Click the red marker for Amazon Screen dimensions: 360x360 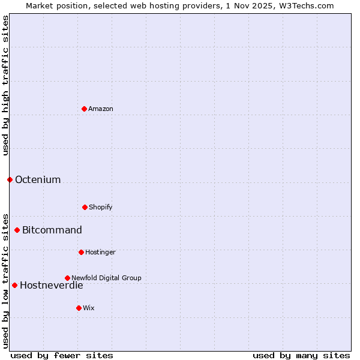(84, 109)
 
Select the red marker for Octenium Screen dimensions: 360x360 (10, 179)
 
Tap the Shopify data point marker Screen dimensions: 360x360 (85, 207)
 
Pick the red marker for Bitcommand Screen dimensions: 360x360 (17, 230)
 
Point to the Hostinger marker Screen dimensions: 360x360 (81, 252)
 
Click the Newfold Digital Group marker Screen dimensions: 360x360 (67, 278)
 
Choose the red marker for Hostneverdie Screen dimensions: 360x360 (14, 285)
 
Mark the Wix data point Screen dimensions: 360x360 (79, 308)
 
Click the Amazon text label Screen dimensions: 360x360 (101, 109)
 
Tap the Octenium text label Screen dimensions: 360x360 (38, 179)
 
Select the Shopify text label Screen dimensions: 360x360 (101, 207)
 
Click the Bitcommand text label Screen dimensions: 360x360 (52, 230)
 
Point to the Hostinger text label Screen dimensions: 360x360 (100, 252)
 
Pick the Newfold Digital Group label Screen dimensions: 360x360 (106, 278)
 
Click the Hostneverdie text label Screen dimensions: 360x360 (52, 285)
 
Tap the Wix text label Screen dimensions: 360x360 (89, 308)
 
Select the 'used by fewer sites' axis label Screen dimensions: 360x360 (62, 355)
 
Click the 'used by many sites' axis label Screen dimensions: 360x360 (301, 355)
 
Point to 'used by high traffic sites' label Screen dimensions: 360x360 (5, 85)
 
